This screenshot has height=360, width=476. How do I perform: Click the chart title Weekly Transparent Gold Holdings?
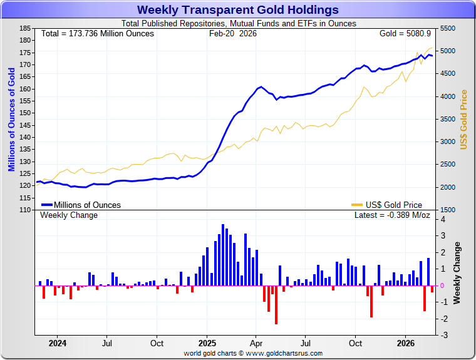[237, 10]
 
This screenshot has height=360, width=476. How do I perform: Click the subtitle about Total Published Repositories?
[237, 24]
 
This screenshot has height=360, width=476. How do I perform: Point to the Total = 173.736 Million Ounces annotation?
[97, 33]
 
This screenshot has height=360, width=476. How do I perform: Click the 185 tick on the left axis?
[25, 29]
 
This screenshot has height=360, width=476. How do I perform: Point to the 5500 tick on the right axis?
[448, 29]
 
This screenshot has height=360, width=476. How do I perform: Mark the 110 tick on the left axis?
[25, 210]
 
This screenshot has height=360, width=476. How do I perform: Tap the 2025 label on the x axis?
[207, 343]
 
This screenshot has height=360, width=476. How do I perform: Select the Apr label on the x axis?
[256, 343]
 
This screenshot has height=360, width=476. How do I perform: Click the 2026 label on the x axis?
[406, 343]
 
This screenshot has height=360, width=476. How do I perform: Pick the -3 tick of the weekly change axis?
[443, 336]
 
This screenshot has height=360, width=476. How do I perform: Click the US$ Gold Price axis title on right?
[464, 119]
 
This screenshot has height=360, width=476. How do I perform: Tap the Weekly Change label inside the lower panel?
[69, 215]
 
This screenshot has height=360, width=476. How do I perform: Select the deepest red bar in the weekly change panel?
[276, 305]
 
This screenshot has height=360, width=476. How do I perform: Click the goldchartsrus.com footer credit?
[253, 353]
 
